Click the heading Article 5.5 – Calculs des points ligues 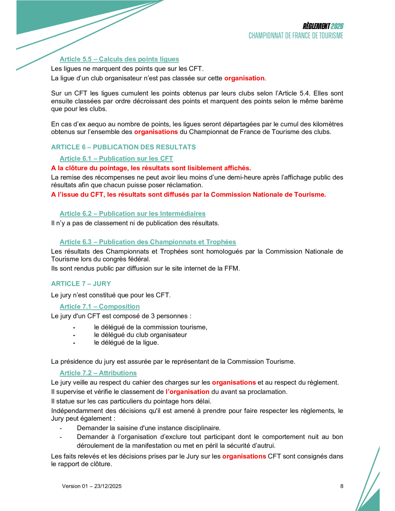[119, 59]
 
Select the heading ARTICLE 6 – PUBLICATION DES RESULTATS [123, 147]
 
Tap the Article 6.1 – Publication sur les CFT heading [116, 158]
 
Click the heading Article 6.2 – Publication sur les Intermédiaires [132, 213]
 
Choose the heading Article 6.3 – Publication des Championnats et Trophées [148, 242]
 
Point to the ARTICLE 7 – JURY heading [81, 283]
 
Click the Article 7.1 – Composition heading [99, 306]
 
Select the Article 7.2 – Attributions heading [98, 373]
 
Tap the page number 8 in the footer [342, 486]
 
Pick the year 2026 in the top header [337, 26]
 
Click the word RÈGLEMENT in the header [316, 26]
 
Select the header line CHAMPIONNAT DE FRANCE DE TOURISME [296, 36]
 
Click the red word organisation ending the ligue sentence [244, 78]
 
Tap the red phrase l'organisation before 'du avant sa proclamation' [187, 392]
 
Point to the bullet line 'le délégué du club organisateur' [140, 335]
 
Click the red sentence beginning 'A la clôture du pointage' [151, 168]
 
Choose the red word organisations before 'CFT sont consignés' [244, 456]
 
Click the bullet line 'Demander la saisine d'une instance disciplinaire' [149, 428]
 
